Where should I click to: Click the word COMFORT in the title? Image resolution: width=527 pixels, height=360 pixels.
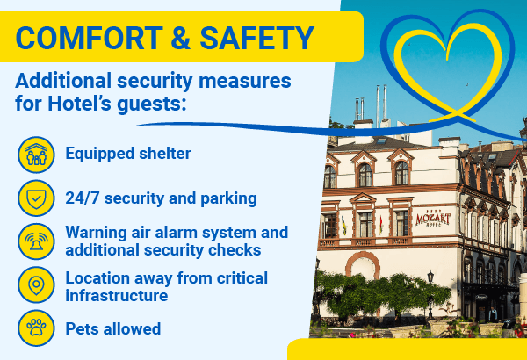click(x=89, y=38)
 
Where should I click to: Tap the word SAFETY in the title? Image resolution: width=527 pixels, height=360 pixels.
click(x=256, y=38)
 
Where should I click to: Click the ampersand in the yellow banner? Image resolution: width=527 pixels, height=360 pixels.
click(x=181, y=38)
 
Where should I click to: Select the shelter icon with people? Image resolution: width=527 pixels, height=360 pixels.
click(x=36, y=155)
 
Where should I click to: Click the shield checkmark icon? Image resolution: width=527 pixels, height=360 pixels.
click(x=36, y=198)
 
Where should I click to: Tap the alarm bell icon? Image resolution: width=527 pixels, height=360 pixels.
click(x=36, y=241)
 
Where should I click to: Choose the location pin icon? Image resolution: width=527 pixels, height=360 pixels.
click(x=36, y=284)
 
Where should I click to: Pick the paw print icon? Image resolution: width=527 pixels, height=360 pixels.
click(x=36, y=328)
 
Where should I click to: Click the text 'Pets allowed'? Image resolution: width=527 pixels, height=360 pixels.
click(x=113, y=328)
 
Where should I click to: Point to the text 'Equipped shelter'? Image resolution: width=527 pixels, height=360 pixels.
click(x=128, y=154)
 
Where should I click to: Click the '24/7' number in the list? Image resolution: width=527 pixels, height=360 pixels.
click(x=83, y=198)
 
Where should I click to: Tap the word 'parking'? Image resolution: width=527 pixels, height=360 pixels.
click(x=228, y=199)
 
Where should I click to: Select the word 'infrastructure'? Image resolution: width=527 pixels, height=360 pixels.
click(x=116, y=295)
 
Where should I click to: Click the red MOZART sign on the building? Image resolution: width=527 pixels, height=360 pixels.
click(x=433, y=220)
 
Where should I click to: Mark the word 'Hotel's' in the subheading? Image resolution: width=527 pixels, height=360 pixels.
click(x=79, y=104)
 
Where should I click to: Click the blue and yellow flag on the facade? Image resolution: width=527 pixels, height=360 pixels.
click(x=343, y=226)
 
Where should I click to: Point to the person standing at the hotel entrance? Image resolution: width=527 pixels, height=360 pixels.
click(x=493, y=314)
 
